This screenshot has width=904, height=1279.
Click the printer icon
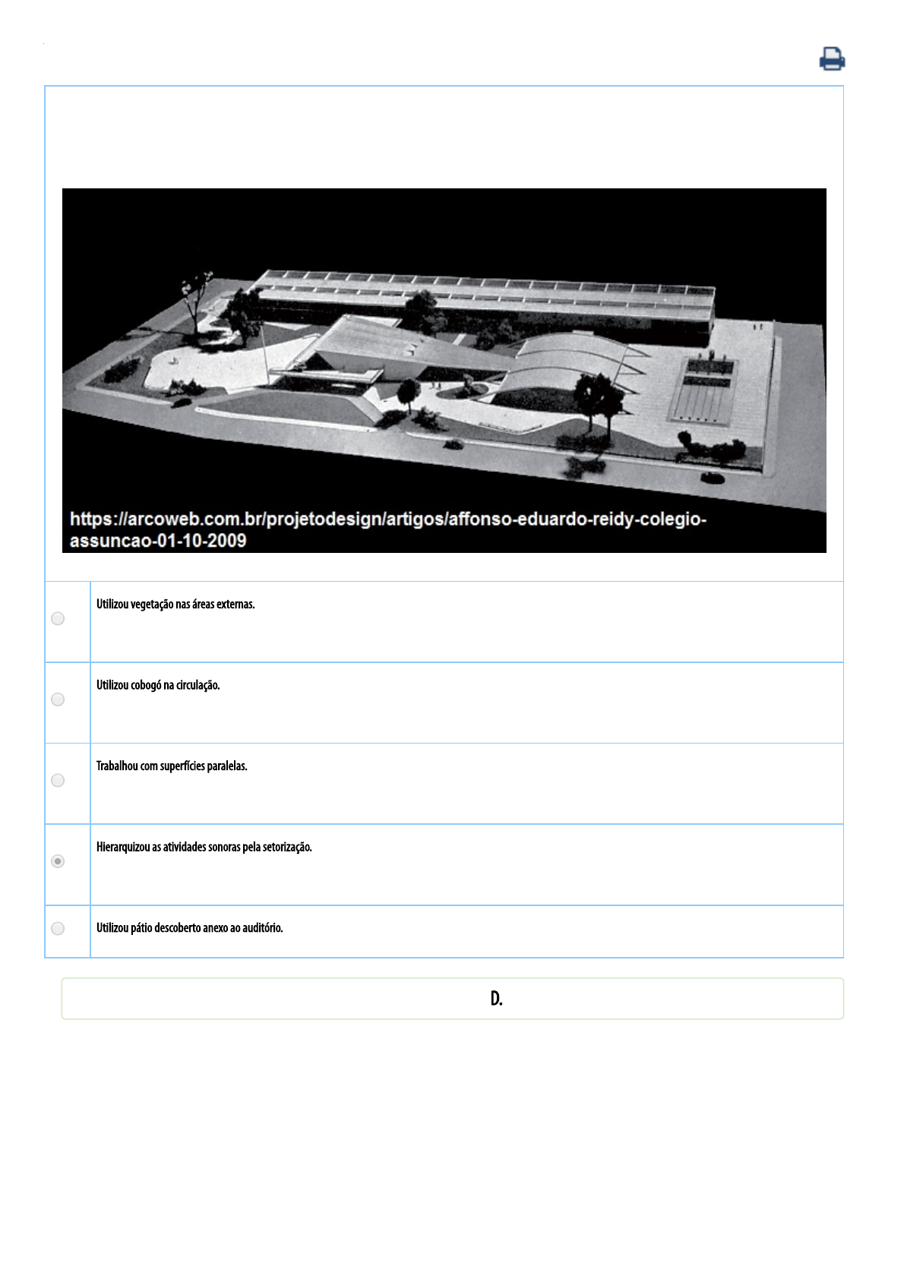pyautogui.click(x=832, y=58)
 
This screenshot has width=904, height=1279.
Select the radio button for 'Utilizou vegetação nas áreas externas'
pyautogui.click(x=58, y=618)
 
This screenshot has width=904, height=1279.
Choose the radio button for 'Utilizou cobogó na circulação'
pyautogui.click(x=58, y=700)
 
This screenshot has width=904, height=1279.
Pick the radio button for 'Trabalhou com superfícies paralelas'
pyautogui.click(x=58, y=781)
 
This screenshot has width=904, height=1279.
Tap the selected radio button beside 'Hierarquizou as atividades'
pyautogui.click(x=58, y=861)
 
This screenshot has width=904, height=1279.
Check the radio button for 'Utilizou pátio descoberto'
pyautogui.click(x=58, y=928)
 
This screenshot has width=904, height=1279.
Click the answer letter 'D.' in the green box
pyautogui.click(x=496, y=998)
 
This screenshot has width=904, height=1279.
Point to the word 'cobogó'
pyautogui.click(x=146, y=685)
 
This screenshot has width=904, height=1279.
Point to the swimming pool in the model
pyautogui.click(x=703, y=391)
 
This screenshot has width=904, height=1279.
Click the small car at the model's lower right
pyautogui.click(x=712, y=478)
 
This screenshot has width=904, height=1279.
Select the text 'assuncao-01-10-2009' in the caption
pyautogui.click(x=158, y=541)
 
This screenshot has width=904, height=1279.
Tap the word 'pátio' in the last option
pyautogui.click(x=141, y=928)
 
